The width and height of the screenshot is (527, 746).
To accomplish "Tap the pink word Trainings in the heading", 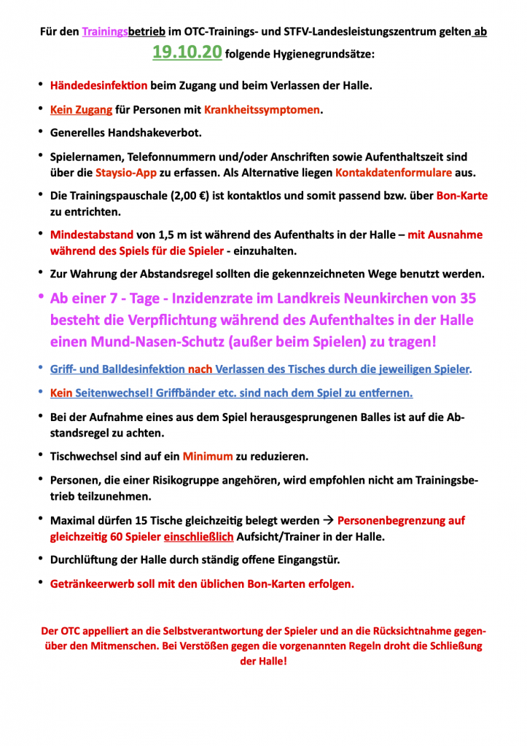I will [105, 32].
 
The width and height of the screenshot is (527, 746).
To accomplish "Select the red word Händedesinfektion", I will [98, 86].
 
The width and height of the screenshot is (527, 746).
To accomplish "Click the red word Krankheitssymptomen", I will [262, 110].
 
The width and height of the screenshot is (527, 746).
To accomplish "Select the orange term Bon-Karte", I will [462, 196].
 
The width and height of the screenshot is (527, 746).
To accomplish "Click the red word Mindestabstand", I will [92, 235].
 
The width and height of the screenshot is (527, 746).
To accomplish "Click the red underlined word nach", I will [200, 369].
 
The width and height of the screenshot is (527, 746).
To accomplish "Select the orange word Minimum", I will [208, 456].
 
